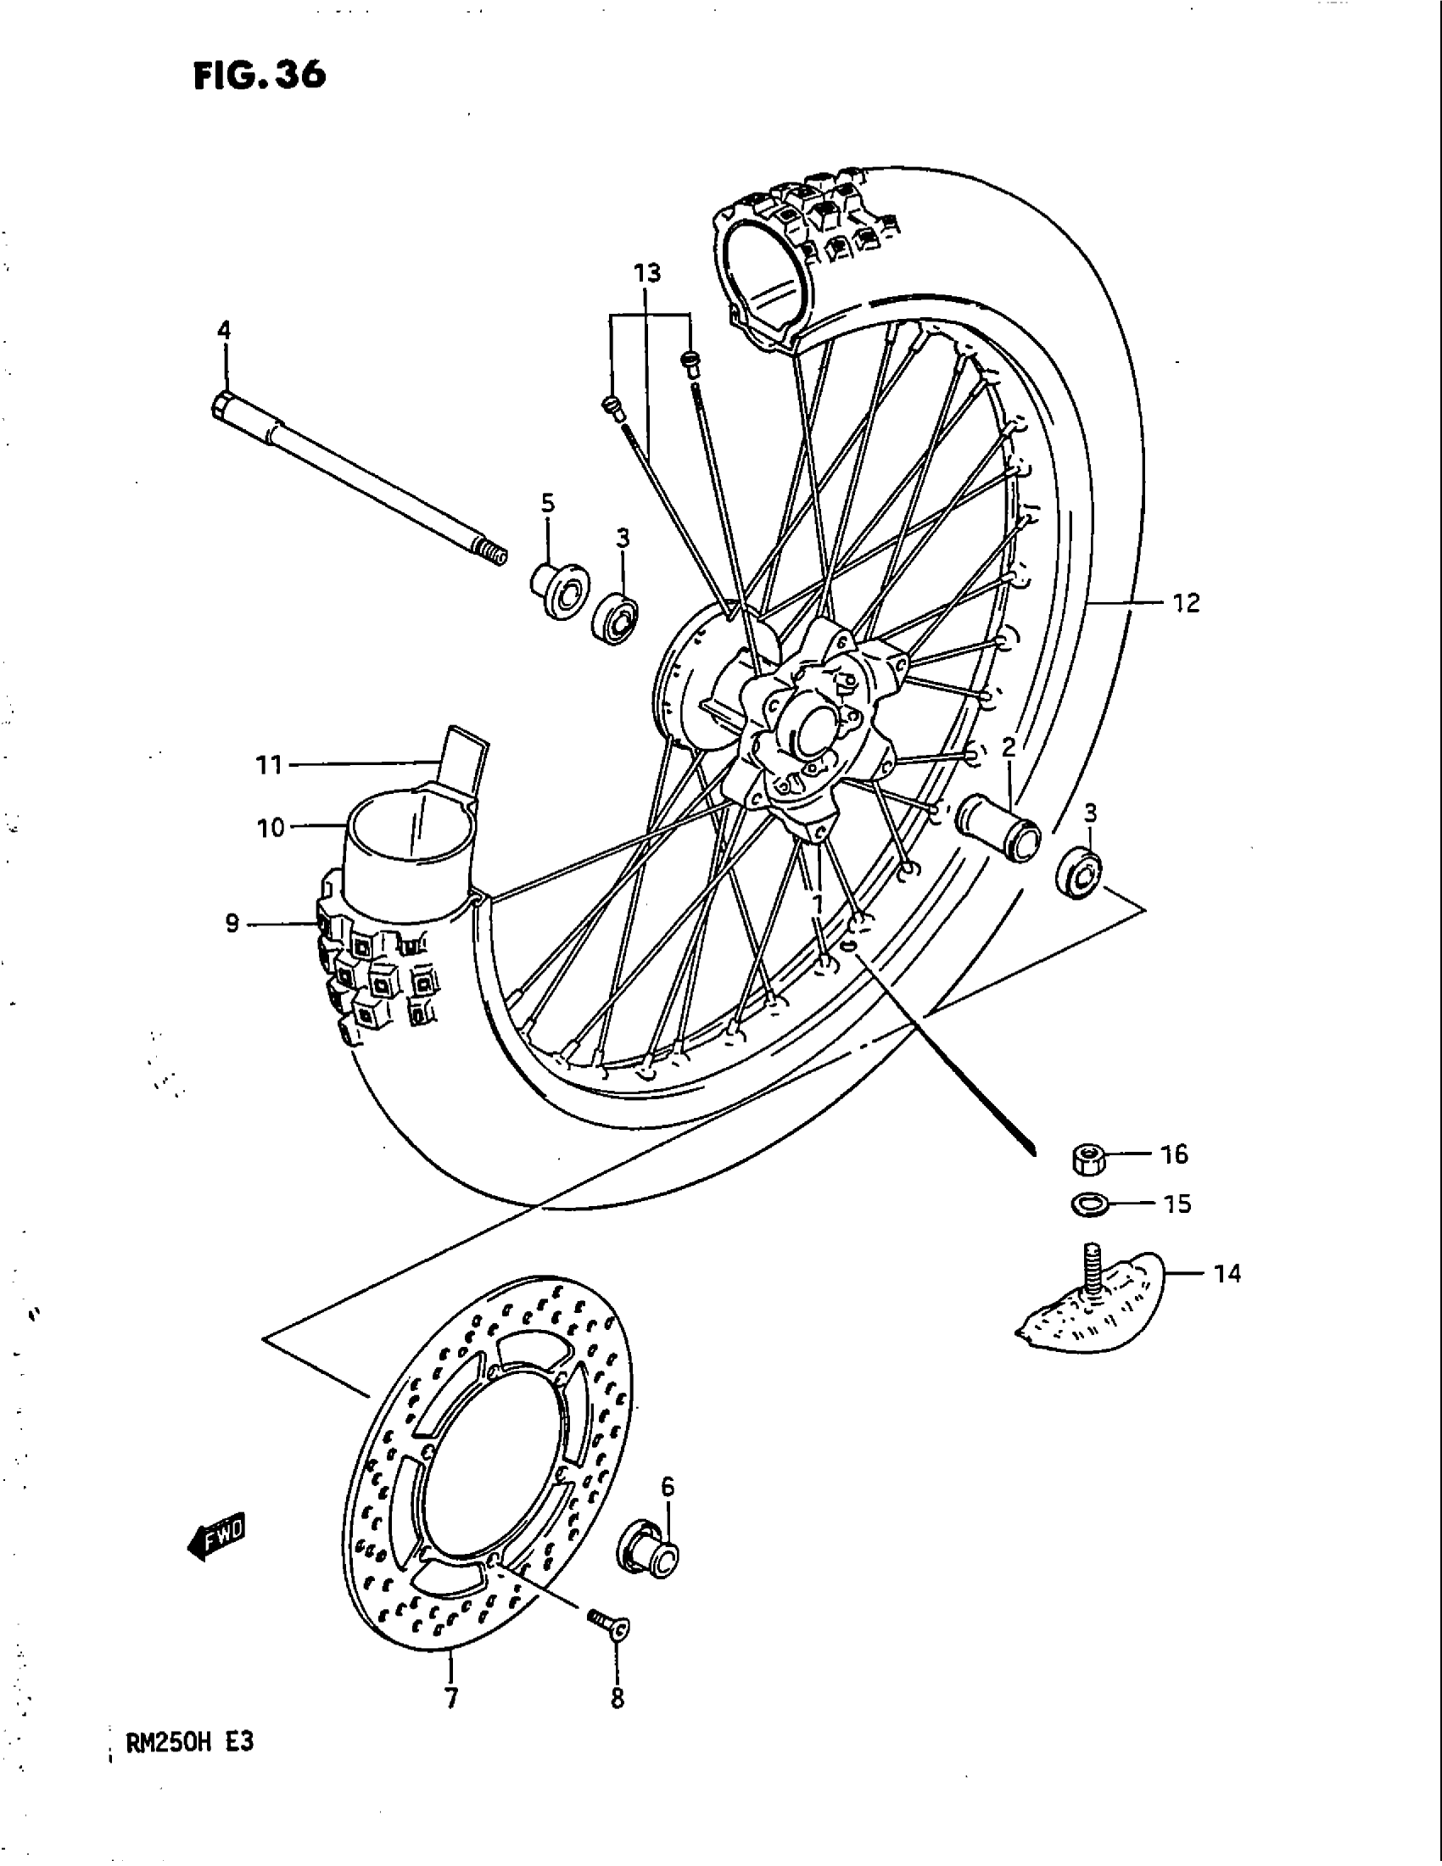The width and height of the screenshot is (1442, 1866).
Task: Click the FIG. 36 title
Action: click(259, 75)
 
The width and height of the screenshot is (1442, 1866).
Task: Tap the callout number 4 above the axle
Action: click(224, 330)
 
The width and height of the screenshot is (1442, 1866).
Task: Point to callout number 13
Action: click(647, 273)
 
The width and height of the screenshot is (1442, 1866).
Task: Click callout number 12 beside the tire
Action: click(1186, 603)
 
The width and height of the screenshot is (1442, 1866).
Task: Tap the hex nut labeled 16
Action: click(1087, 1159)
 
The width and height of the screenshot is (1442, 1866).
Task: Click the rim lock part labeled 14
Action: click(1089, 1302)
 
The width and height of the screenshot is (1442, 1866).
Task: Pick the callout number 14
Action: click(1227, 1274)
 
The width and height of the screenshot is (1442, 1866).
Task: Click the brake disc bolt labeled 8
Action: click(609, 1621)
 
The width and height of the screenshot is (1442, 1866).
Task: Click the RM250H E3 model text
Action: click(190, 1742)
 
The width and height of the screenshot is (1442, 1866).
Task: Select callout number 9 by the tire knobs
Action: click(232, 924)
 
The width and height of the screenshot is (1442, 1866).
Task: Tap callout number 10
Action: click(271, 827)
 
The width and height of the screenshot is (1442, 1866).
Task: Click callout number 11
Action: click(270, 764)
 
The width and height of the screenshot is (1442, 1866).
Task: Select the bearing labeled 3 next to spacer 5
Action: click(617, 617)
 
